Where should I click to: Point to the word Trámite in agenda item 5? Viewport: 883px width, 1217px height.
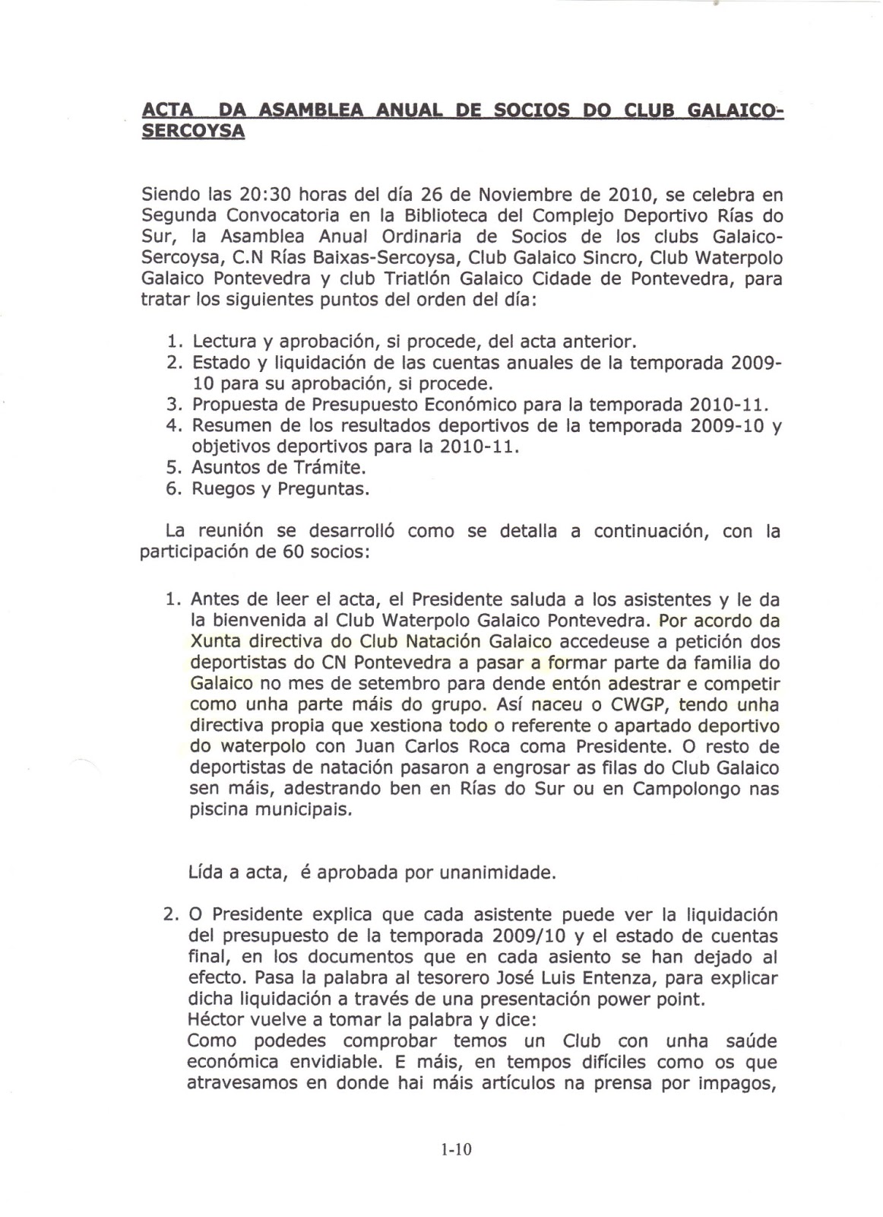(324, 468)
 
